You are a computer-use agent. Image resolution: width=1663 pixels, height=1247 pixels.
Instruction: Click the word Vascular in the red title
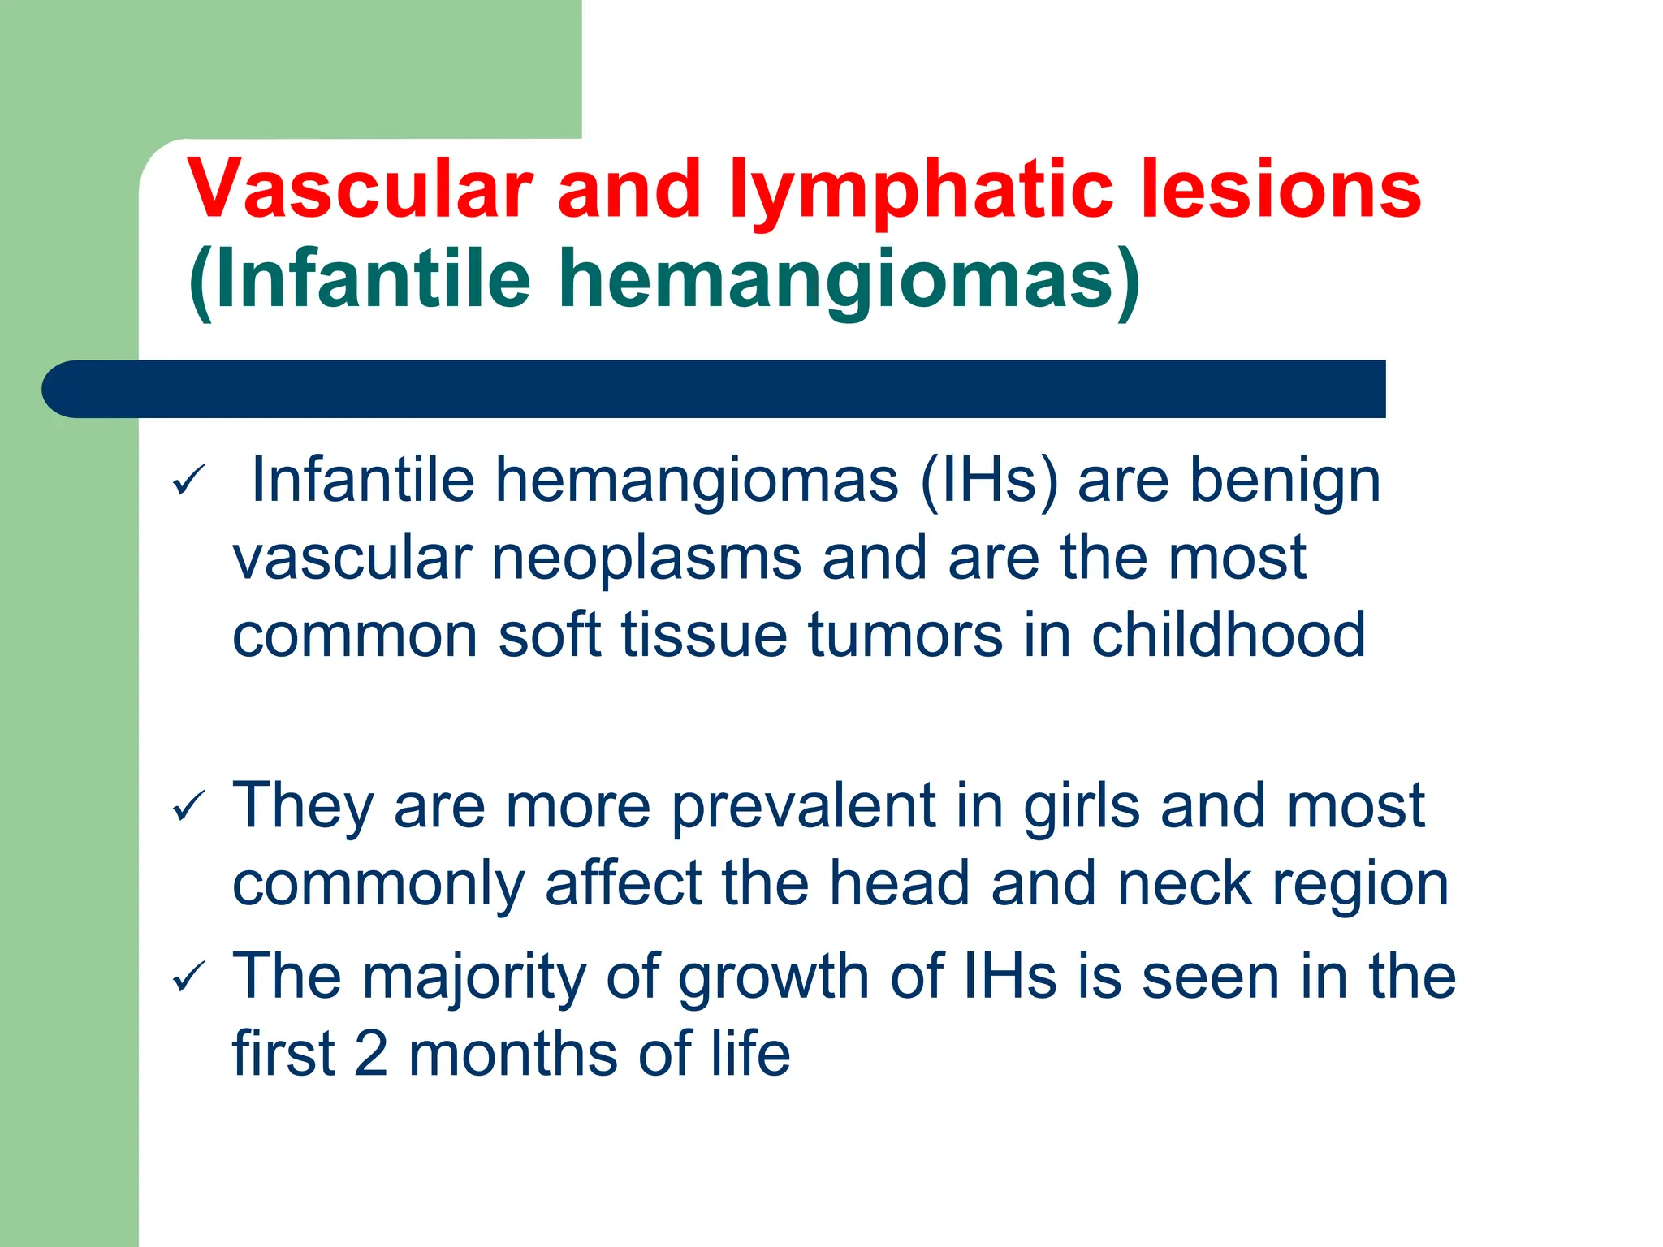(x=360, y=188)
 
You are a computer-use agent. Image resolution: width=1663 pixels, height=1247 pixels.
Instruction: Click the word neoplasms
(x=646, y=558)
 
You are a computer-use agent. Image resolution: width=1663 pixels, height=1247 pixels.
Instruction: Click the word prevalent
(x=803, y=806)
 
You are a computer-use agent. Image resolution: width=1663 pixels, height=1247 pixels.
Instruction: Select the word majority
(x=473, y=977)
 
